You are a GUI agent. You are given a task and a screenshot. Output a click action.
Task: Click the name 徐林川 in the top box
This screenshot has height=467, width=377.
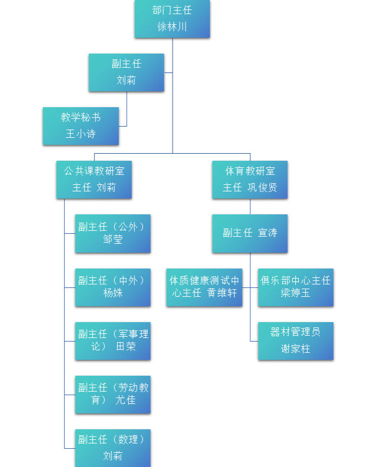click(172, 27)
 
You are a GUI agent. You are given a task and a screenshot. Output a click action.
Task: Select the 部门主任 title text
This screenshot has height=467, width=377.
click(172, 10)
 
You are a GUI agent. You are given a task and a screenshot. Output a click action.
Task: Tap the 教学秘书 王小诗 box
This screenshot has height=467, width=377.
click(81, 125)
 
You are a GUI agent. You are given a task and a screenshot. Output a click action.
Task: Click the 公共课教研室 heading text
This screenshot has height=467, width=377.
click(94, 171)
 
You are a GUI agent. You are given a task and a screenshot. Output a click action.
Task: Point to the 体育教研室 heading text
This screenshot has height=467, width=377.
click(250, 171)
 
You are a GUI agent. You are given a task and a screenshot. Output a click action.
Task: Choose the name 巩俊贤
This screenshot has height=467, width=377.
click(262, 187)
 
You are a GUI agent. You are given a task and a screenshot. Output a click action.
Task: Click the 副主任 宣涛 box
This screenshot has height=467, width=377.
click(250, 233)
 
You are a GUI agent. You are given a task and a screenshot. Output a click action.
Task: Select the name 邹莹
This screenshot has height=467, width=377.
click(113, 239)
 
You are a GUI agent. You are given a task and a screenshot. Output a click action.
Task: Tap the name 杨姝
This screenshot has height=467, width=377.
click(113, 293)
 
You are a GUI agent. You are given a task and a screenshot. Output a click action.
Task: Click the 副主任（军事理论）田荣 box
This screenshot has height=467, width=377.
click(113, 340)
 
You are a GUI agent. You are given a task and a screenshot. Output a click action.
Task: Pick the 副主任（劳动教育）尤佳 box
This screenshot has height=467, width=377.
click(113, 394)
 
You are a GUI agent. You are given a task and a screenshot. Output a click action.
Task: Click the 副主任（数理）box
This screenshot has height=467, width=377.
click(113, 448)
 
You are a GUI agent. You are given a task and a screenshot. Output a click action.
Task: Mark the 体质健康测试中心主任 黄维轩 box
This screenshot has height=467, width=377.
click(204, 287)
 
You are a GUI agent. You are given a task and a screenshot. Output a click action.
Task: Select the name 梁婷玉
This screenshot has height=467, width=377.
click(296, 293)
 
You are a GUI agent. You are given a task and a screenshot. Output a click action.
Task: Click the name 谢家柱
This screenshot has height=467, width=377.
click(296, 349)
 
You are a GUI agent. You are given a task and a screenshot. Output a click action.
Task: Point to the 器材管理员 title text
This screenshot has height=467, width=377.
click(296, 332)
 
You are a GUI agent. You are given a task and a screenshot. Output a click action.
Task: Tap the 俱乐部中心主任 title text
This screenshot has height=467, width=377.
click(296, 280)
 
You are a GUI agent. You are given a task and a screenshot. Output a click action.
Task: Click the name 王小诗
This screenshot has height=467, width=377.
click(81, 134)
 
